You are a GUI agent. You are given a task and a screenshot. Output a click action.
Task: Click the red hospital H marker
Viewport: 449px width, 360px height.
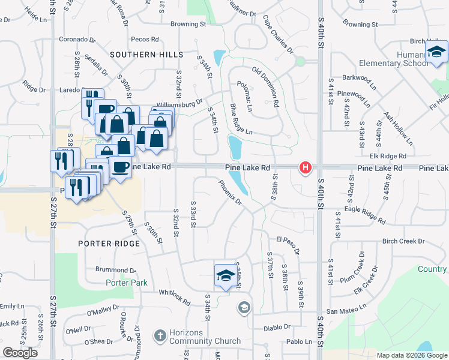(306, 167)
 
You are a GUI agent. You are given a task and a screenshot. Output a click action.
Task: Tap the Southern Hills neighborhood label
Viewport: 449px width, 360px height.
(146, 55)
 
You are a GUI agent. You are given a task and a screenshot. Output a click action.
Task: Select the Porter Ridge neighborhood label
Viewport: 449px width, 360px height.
(109, 244)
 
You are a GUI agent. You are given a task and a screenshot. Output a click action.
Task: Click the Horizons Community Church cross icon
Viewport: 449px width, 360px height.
(160, 334)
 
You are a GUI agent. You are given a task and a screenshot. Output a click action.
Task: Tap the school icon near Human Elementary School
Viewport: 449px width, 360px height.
(436, 53)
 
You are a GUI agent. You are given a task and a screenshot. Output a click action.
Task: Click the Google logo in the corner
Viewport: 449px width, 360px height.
(20, 353)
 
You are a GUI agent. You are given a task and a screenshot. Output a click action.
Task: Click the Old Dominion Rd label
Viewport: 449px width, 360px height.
(265, 86)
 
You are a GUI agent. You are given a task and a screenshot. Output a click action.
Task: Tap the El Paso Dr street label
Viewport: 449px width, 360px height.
(288, 244)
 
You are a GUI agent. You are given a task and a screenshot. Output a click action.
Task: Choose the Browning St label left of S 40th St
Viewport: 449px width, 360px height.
(188, 25)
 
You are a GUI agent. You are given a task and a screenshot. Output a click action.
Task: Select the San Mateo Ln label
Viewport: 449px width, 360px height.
(346, 311)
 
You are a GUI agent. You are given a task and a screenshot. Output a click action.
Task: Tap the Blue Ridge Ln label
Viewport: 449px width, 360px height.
(241, 119)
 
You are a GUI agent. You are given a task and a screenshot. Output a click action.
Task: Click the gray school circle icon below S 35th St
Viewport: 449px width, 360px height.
(244, 308)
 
